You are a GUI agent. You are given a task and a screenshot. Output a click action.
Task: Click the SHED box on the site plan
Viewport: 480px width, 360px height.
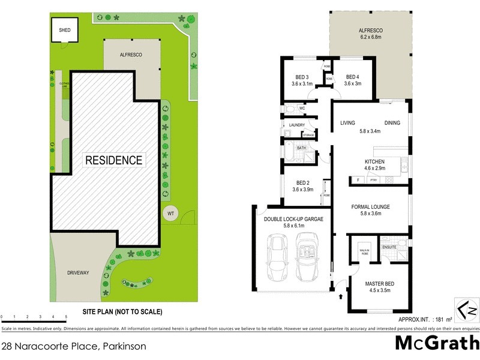[x=64, y=31]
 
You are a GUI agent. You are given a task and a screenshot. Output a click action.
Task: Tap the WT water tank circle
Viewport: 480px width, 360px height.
[x=171, y=212]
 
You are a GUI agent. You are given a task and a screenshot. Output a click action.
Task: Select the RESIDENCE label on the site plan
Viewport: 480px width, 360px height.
[x=114, y=160]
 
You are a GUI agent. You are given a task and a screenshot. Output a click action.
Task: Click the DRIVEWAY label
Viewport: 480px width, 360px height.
[x=78, y=273]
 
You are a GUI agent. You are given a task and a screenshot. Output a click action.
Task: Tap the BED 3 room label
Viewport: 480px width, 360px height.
[x=302, y=77]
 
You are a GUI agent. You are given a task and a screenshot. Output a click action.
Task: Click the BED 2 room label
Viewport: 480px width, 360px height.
[x=303, y=184]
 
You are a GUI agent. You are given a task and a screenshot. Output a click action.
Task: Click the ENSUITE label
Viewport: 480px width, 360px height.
[x=389, y=247]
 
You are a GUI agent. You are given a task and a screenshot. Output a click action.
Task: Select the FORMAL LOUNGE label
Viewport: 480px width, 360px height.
[x=370, y=207]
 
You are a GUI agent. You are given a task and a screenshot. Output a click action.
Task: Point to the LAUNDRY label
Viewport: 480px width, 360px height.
[x=297, y=125]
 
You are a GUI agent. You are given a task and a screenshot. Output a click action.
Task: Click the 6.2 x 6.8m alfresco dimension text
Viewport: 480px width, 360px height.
[x=370, y=36]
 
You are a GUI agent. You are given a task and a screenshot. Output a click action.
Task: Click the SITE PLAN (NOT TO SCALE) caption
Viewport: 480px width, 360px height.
[x=122, y=312]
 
